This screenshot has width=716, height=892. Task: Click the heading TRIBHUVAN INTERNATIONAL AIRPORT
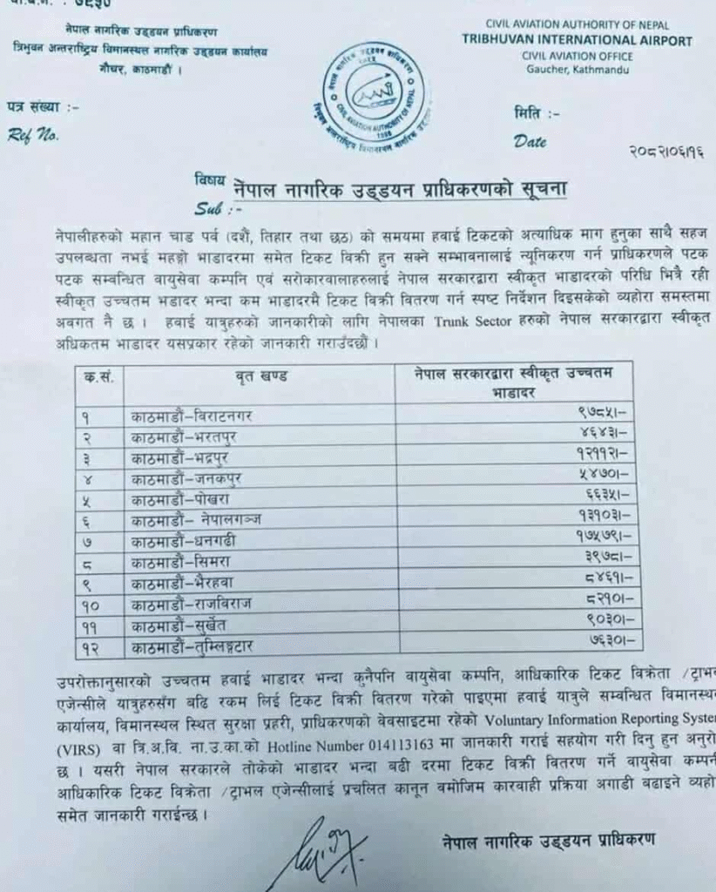(x=578, y=41)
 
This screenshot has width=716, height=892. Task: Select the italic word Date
(x=530, y=141)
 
